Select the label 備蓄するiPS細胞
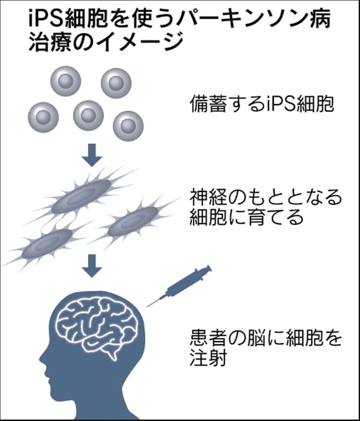coord(262,104)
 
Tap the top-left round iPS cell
coord(66,81)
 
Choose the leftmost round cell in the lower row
coord(43,117)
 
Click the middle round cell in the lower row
coord(88,115)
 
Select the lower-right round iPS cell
coord(128,126)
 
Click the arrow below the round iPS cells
coord(92,155)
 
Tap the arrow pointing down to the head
coord(92,266)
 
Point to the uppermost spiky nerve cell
coord(80,197)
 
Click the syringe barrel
coord(185,281)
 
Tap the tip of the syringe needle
coord(147,306)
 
